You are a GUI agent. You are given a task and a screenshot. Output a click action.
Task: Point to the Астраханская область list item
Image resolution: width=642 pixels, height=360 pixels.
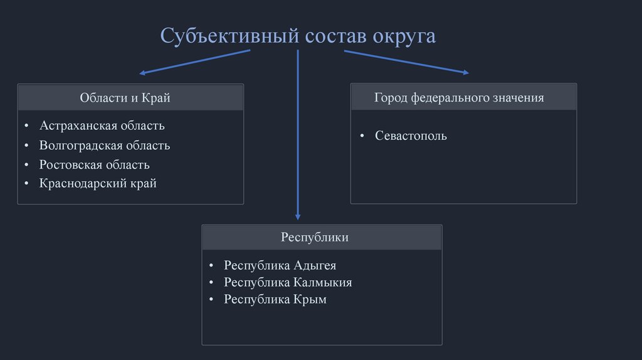pos(102,125)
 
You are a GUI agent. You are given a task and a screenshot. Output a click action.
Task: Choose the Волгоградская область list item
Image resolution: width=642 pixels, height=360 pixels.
pos(104,146)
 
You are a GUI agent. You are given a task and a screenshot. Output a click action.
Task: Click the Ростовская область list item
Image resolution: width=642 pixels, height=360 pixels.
pos(94,165)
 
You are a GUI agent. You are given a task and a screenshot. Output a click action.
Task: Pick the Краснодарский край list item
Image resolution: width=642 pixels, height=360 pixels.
pos(97,184)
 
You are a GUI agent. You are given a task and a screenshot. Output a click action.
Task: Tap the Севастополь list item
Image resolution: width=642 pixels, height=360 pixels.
pos(411,135)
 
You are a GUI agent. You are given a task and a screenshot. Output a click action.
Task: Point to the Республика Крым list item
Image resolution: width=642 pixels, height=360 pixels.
pos(275,300)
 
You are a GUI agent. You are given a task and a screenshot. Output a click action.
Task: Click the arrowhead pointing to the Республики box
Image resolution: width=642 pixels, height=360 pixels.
pos(298,216)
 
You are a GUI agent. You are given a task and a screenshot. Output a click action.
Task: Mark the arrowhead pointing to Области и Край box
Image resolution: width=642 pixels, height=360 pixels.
pos(142,73)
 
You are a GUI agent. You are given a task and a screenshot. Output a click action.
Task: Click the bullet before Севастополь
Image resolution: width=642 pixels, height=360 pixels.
pos(362,136)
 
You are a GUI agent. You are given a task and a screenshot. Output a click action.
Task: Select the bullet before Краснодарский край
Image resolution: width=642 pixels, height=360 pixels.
pos(26,184)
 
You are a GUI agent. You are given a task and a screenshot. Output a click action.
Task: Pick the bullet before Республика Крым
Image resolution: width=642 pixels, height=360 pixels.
pos(211,300)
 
